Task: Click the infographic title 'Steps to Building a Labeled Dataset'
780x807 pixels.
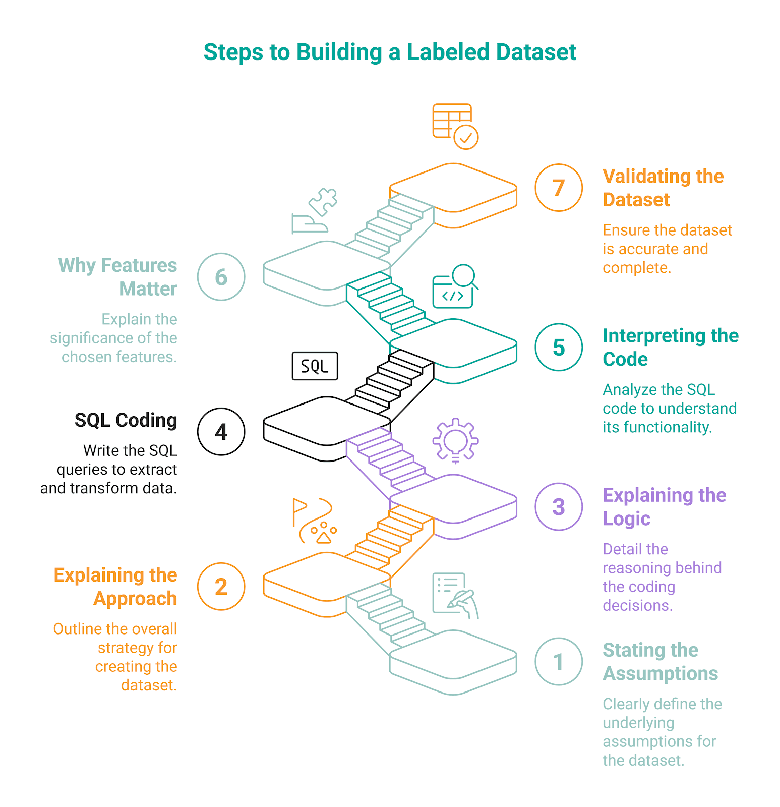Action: click(390, 52)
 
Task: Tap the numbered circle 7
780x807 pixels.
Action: click(558, 188)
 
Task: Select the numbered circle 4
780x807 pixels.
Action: click(221, 432)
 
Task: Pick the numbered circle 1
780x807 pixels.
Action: click(558, 662)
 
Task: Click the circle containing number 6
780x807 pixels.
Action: click(221, 277)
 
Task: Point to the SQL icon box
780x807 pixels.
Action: click(315, 366)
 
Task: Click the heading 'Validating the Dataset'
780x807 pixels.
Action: click(663, 188)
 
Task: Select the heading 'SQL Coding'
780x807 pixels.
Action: click(126, 420)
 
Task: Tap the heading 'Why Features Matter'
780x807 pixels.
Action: click(118, 277)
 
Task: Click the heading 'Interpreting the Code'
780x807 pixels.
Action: click(670, 347)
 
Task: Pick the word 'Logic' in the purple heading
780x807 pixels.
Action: click(626, 518)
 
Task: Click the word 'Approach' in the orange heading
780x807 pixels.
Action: click(135, 599)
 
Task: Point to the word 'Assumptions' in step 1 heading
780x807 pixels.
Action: click(660, 674)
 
